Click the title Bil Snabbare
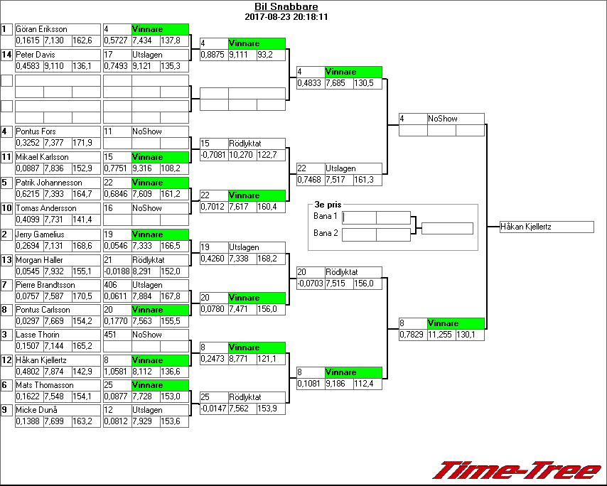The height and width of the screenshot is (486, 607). [286, 7]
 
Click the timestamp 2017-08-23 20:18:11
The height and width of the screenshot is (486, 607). [286, 16]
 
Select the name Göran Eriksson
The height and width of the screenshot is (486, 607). [41, 29]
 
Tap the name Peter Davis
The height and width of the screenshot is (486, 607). [35, 55]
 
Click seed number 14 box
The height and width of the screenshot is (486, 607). [6, 55]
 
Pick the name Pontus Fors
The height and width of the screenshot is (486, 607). [36, 131]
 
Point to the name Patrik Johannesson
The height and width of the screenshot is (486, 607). [49, 183]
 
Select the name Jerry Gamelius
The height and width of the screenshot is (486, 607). [40, 234]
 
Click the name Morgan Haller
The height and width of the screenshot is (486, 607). [39, 259]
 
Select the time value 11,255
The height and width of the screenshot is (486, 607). [439, 335]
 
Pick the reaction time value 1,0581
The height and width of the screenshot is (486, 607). [117, 371]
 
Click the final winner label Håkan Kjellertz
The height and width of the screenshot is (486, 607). [526, 227]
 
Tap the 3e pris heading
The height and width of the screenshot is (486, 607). [328, 204]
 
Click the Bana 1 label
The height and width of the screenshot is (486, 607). [325, 216]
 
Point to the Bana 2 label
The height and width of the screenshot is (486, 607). [325, 232]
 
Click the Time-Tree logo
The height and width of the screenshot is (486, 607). [517, 470]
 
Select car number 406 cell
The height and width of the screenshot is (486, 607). [111, 285]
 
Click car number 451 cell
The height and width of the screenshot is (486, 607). [111, 335]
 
